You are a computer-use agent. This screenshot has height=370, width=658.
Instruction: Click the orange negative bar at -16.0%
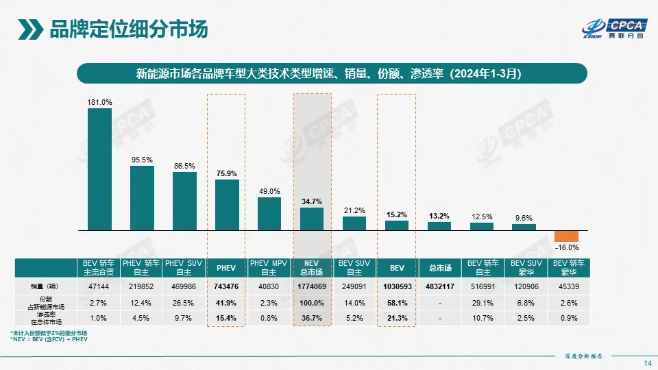pos(567,236)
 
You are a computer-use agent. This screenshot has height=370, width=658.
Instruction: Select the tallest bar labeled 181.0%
pos(99,169)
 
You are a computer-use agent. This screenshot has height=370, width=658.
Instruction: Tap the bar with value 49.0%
pos(269,213)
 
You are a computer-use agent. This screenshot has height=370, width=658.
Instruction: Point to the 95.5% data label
pos(142,160)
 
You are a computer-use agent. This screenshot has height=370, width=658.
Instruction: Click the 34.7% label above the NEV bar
pos(312,201)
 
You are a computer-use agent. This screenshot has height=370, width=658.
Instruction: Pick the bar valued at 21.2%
pos(354,223)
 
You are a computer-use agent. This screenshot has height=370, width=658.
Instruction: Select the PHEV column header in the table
pos(227,267)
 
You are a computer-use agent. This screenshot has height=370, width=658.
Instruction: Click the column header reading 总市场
pos(439,267)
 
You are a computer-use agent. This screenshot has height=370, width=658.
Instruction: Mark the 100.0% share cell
pos(312,302)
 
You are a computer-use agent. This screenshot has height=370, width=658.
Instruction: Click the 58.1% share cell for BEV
pos(397,302)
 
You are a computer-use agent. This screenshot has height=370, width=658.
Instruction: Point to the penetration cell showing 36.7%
pos(312,318)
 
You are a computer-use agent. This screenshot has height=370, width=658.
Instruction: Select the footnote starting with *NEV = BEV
pos(49,339)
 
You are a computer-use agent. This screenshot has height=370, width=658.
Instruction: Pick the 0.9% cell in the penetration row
pos(567,318)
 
